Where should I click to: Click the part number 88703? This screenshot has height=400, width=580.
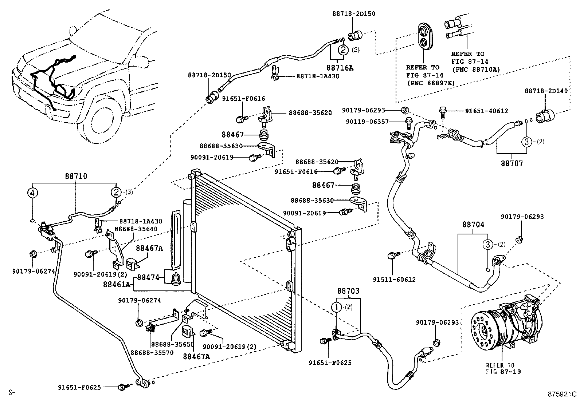[348, 291]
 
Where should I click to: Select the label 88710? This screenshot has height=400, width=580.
[76, 176]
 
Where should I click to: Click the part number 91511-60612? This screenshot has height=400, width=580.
[394, 280]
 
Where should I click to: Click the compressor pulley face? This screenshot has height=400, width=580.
[484, 331]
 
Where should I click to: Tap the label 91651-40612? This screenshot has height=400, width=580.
[486, 111]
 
